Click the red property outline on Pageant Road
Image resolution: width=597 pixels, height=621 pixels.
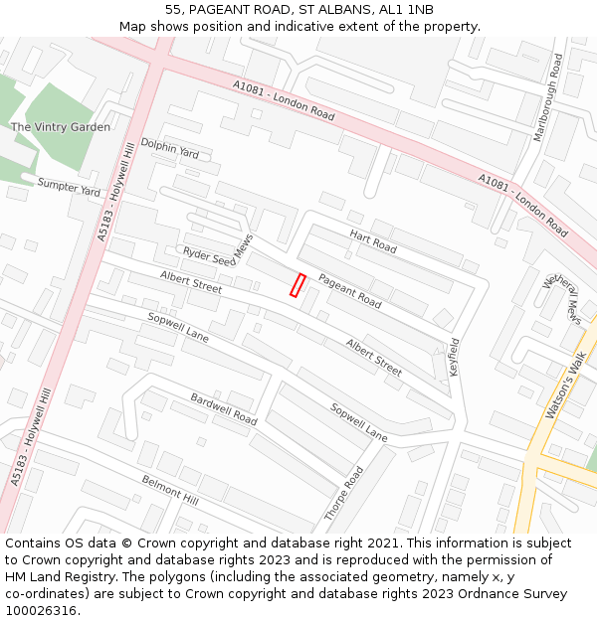coord(297,285)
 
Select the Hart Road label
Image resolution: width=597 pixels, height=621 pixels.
coord(373,240)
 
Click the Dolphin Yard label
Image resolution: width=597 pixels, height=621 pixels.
coord(169,148)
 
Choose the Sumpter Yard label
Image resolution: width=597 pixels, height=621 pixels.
coord(69,186)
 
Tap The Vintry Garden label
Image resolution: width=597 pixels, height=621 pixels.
coord(61,127)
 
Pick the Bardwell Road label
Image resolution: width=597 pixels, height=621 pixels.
coord(224,408)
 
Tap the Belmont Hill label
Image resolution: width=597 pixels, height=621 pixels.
coord(169,490)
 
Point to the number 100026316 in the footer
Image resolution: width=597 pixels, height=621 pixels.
coord(42,610)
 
